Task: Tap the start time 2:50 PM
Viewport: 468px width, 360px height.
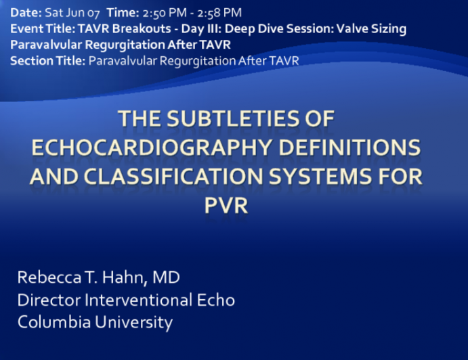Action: tap(160, 12)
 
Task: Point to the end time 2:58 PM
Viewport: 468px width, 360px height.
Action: tap(219, 12)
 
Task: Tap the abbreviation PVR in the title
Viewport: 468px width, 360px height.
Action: tap(226, 206)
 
